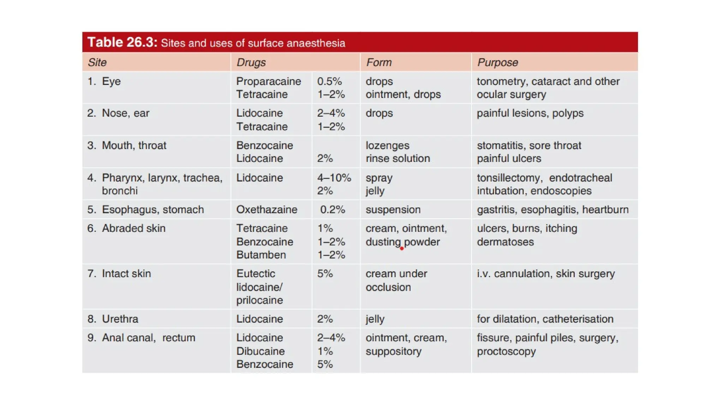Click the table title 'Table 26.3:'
click(122, 42)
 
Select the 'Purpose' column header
click(497, 63)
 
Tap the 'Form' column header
click(379, 63)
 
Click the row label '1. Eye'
click(104, 81)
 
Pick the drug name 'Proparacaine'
click(268, 81)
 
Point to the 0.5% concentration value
click(329, 81)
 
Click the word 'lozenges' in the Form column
click(387, 146)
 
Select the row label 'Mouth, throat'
click(134, 146)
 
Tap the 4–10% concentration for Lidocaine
click(334, 178)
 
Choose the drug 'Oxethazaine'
click(267, 210)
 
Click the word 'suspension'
click(393, 210)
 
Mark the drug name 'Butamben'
click(261, 255)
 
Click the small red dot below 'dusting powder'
click(402, 248)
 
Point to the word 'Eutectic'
click(256, 273)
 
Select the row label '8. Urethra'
click(113, 319)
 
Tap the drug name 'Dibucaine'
click(260, 351)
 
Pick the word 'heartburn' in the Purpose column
click(605, 210)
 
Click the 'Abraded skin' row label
click(133, 228)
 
